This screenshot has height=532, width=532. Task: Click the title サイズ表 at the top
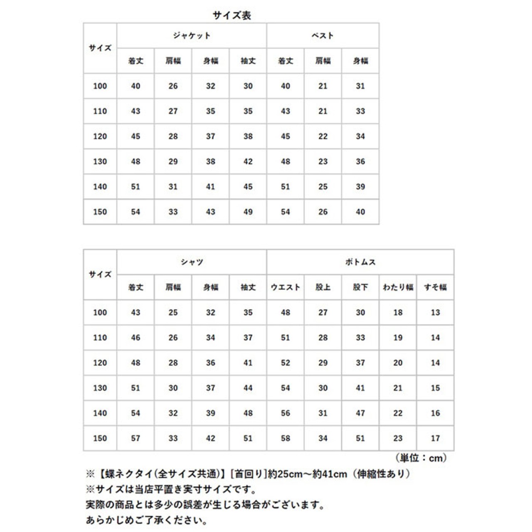point(232,16)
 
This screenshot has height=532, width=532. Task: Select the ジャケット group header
point(192,36)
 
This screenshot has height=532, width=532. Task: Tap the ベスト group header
point(323,36)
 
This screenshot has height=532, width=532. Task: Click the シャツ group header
point(192,262)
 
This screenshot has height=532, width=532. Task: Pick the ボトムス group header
point(360,262)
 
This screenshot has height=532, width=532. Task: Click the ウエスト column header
point(285,287)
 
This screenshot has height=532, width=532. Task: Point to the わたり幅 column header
point(398,287)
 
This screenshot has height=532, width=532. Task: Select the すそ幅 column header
point(435,287)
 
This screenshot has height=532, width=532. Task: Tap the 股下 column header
point(360,287)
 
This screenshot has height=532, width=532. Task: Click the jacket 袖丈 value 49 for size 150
point(248,212)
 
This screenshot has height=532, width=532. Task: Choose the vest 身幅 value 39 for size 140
point(360,187)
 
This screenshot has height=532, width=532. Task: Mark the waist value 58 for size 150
point(285,438)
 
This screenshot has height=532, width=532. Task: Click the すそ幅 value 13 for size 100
point(435,313)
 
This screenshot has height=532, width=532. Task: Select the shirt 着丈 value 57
point(135,438)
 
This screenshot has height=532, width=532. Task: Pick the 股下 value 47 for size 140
point(360,413)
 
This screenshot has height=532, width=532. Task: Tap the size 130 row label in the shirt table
point(100,388)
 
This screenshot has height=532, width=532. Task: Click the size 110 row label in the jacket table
point(100,111)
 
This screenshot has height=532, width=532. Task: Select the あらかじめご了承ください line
point(146,520)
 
